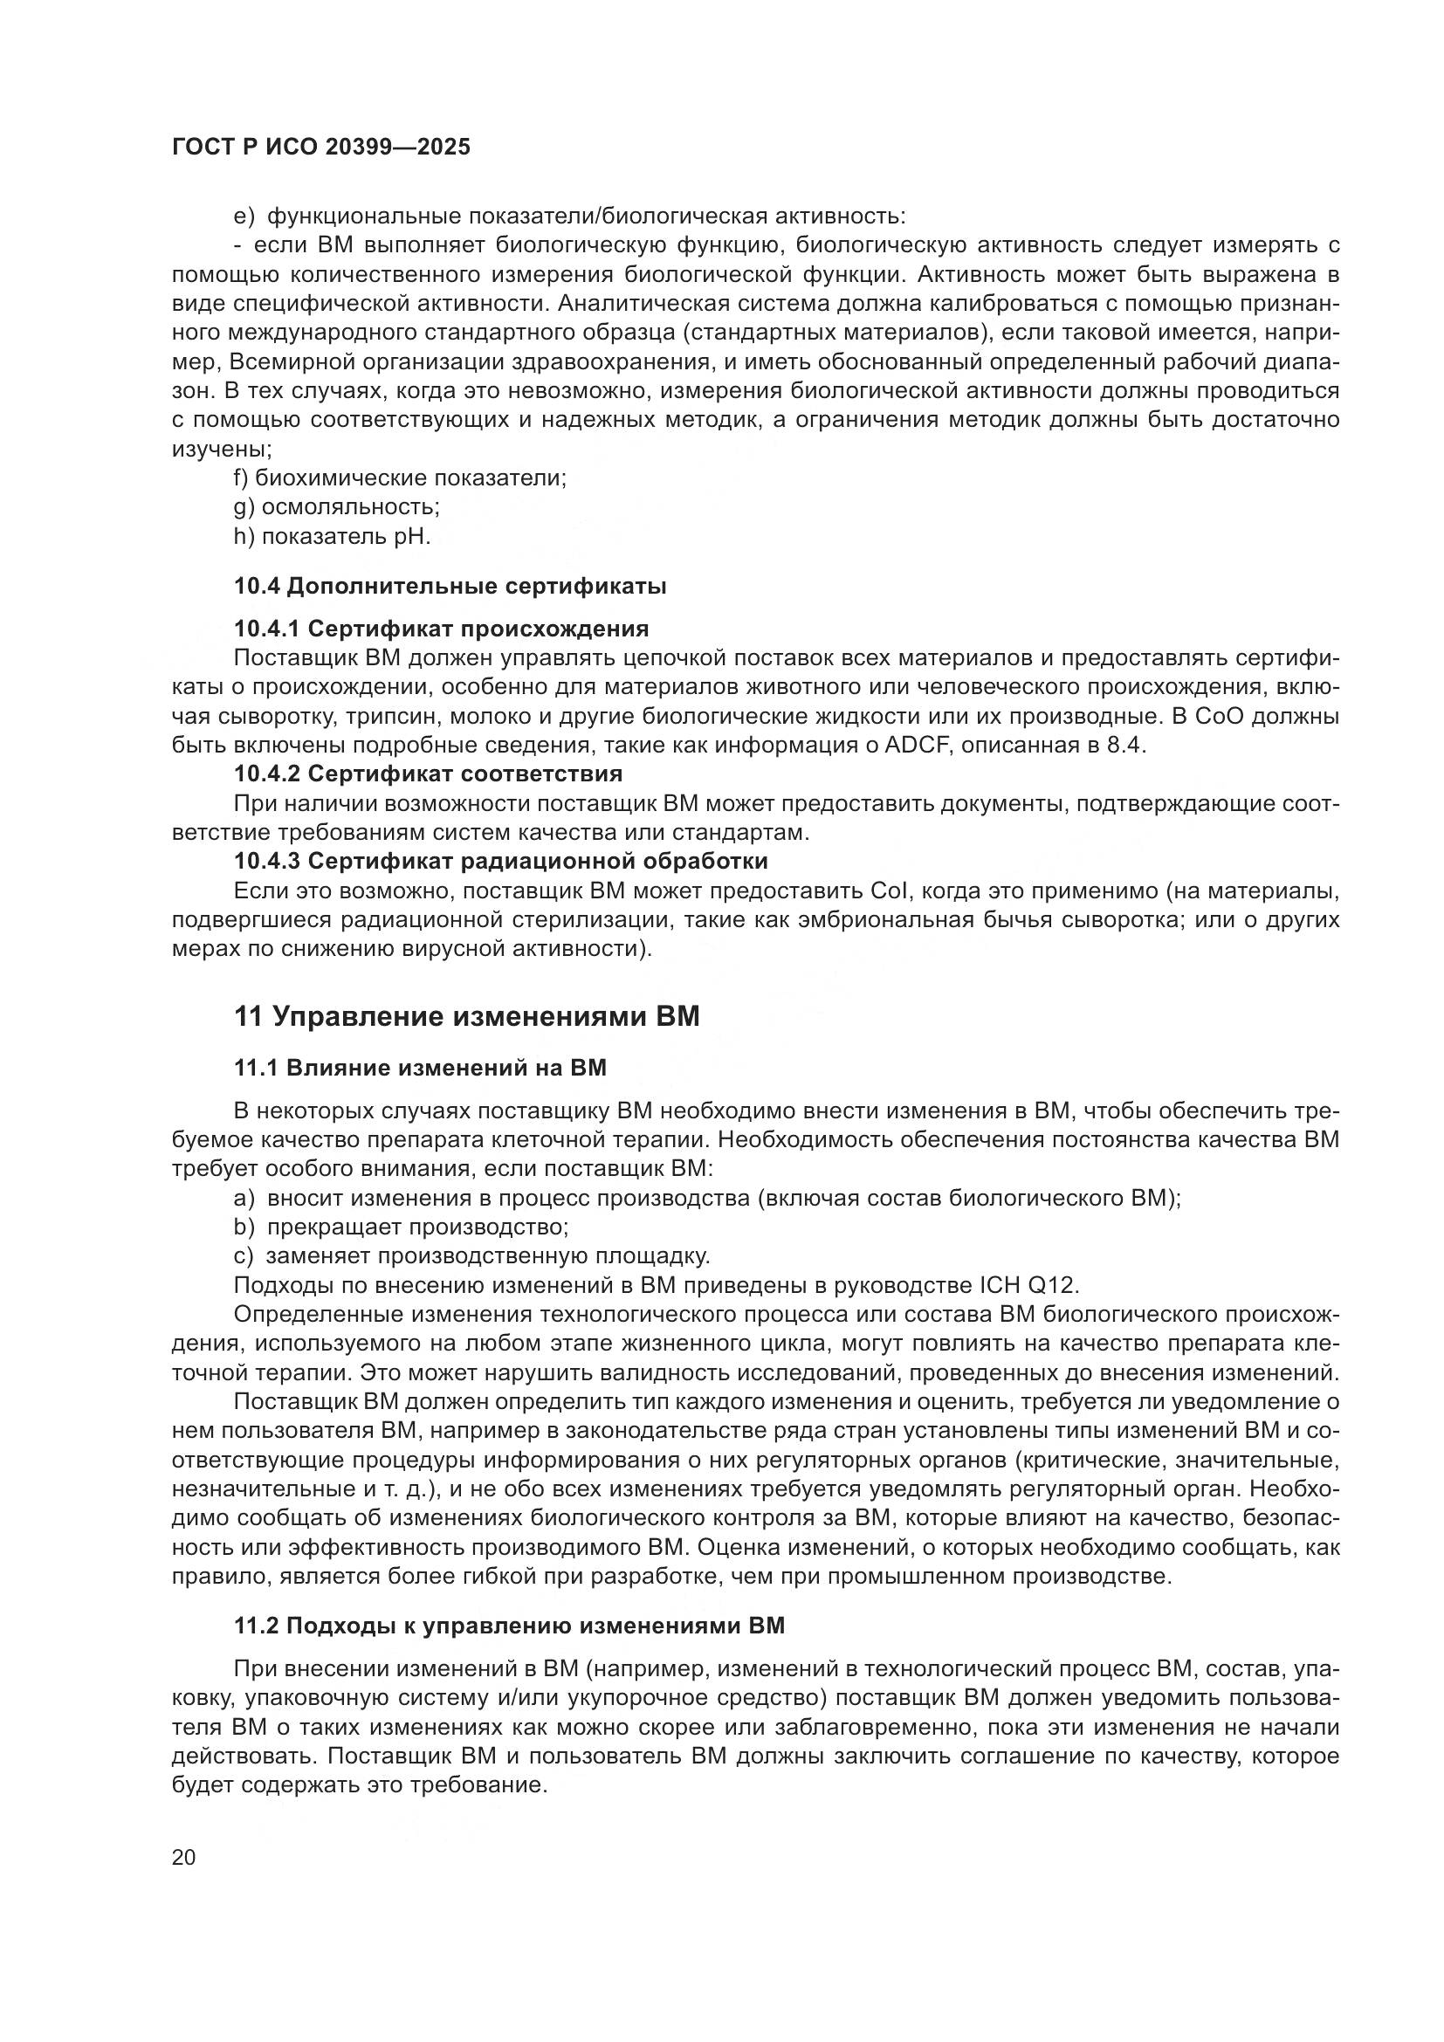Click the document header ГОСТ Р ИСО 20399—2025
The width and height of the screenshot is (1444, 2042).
point(321,147)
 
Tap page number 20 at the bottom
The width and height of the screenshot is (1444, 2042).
point(184,1857)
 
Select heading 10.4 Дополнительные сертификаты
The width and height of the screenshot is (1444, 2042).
point(450,586)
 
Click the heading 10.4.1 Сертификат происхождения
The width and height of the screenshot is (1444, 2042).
point(441,629)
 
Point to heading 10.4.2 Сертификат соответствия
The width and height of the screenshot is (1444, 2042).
point(428,773)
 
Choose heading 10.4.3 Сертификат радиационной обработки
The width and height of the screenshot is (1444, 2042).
point(500,861)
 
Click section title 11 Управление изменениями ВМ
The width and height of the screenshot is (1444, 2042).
point(467,1016)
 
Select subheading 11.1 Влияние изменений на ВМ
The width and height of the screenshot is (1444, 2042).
point(420,1068)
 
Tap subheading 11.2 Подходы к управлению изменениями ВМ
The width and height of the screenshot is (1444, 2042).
point(510,1626)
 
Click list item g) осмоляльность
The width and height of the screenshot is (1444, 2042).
point(337,508)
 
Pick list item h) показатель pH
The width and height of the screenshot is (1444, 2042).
point(333,537)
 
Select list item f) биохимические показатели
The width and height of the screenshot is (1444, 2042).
point(400,478)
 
